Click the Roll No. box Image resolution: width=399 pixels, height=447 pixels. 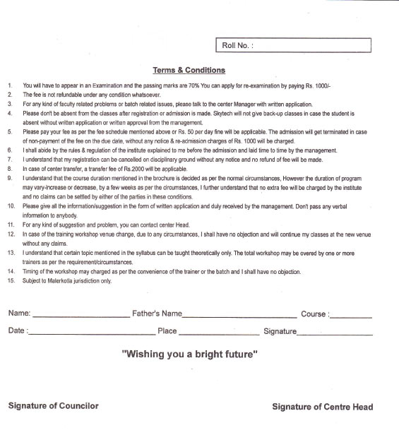(x=292, y=45)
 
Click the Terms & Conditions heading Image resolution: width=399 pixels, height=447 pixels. (x=189, y=70)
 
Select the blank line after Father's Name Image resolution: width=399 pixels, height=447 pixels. (x=239, y=316)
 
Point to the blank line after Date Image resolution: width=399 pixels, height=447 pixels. (x=86, y=333)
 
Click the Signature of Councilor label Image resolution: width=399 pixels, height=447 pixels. (x=54, y=406)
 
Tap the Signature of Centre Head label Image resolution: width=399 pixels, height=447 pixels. (x=323, y=407)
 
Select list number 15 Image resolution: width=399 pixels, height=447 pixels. (x=11, y=280)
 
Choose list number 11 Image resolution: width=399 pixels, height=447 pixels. (x=11, y=225)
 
